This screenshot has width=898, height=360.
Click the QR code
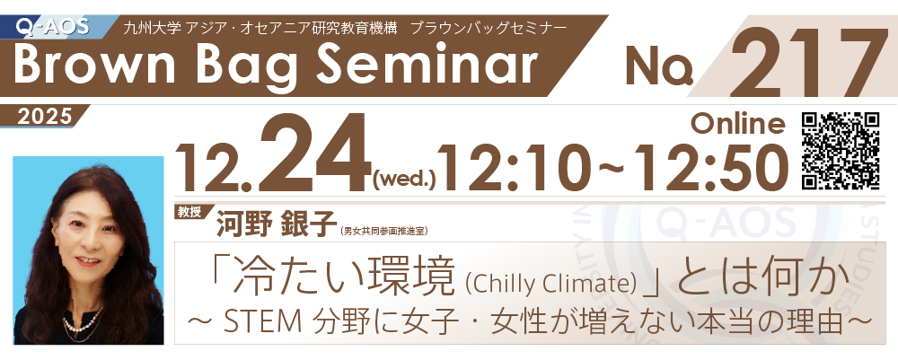tap(841, 151)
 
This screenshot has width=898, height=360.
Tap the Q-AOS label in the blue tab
tap(50, 26)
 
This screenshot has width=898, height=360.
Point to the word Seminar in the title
tap(425, 64)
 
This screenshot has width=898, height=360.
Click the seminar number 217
tap(808, 62)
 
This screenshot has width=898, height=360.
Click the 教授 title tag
tap(190, 213)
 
